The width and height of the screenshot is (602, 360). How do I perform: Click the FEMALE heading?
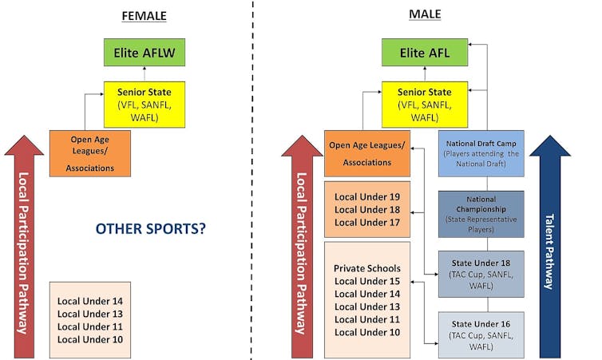[144, 16]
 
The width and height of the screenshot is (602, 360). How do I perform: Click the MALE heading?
[424, 15]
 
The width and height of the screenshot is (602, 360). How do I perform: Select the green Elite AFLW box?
[145, 54]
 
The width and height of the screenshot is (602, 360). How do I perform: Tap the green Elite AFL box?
[424, 54]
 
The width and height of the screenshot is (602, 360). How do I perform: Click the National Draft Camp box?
[481, 152]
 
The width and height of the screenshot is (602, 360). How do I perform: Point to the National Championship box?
[481, 213]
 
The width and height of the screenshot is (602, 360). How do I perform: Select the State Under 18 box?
[481, 274]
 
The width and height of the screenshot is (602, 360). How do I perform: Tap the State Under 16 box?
[481, 334]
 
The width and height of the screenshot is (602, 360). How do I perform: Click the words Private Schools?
[367, 268]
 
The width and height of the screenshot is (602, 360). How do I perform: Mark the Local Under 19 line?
[367, 197]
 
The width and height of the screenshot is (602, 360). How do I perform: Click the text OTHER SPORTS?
[151, 229]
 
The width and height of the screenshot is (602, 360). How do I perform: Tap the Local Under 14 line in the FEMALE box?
[90, 302]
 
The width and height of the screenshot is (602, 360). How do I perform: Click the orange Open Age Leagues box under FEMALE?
[89, 153]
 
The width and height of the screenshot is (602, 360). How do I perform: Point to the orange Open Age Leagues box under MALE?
[367, 153]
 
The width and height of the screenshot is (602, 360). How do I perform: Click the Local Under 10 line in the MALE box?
[367, 332]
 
